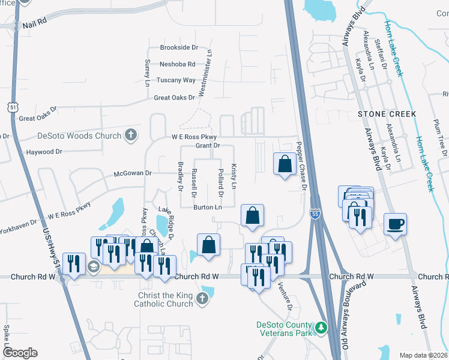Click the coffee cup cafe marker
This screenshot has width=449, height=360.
coord(395,224)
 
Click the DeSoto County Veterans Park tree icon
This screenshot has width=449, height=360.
coord(322,328)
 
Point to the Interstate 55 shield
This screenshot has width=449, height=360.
coord(315,214)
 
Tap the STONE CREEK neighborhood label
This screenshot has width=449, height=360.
coord(387,113)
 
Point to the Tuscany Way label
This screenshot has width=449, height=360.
coord(176,80)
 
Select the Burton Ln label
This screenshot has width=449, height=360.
coord(208,208)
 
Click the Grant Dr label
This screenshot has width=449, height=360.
coord(208,146)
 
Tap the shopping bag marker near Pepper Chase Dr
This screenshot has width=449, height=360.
coord(284,163)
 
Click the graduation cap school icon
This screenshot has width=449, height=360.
coord(92,266)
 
